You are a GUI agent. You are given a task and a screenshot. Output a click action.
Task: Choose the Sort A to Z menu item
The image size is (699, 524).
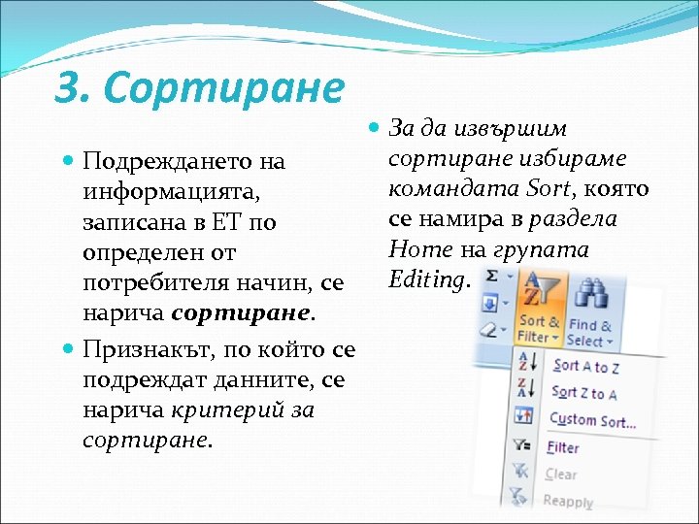(x=586, y=366)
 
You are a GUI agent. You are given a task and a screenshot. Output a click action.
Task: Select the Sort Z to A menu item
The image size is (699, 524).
(x=584, y=393)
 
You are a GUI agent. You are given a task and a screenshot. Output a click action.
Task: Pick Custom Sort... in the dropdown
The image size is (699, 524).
(x=592, y=420)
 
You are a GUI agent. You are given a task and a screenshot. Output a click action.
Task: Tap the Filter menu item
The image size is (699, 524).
(x=563, y=447)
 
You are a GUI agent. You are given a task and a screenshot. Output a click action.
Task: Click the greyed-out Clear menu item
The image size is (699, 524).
(x=561, y=475)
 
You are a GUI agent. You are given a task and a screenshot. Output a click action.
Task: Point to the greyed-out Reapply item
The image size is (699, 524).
(x=568, y=502)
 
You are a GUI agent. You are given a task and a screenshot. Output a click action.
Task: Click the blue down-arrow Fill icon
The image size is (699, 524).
(x=490, y=305)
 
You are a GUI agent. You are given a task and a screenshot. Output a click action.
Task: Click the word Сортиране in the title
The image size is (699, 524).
(x=223, y=89)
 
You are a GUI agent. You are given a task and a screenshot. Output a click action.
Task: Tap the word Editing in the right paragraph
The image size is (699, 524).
(x=426, y=279)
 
